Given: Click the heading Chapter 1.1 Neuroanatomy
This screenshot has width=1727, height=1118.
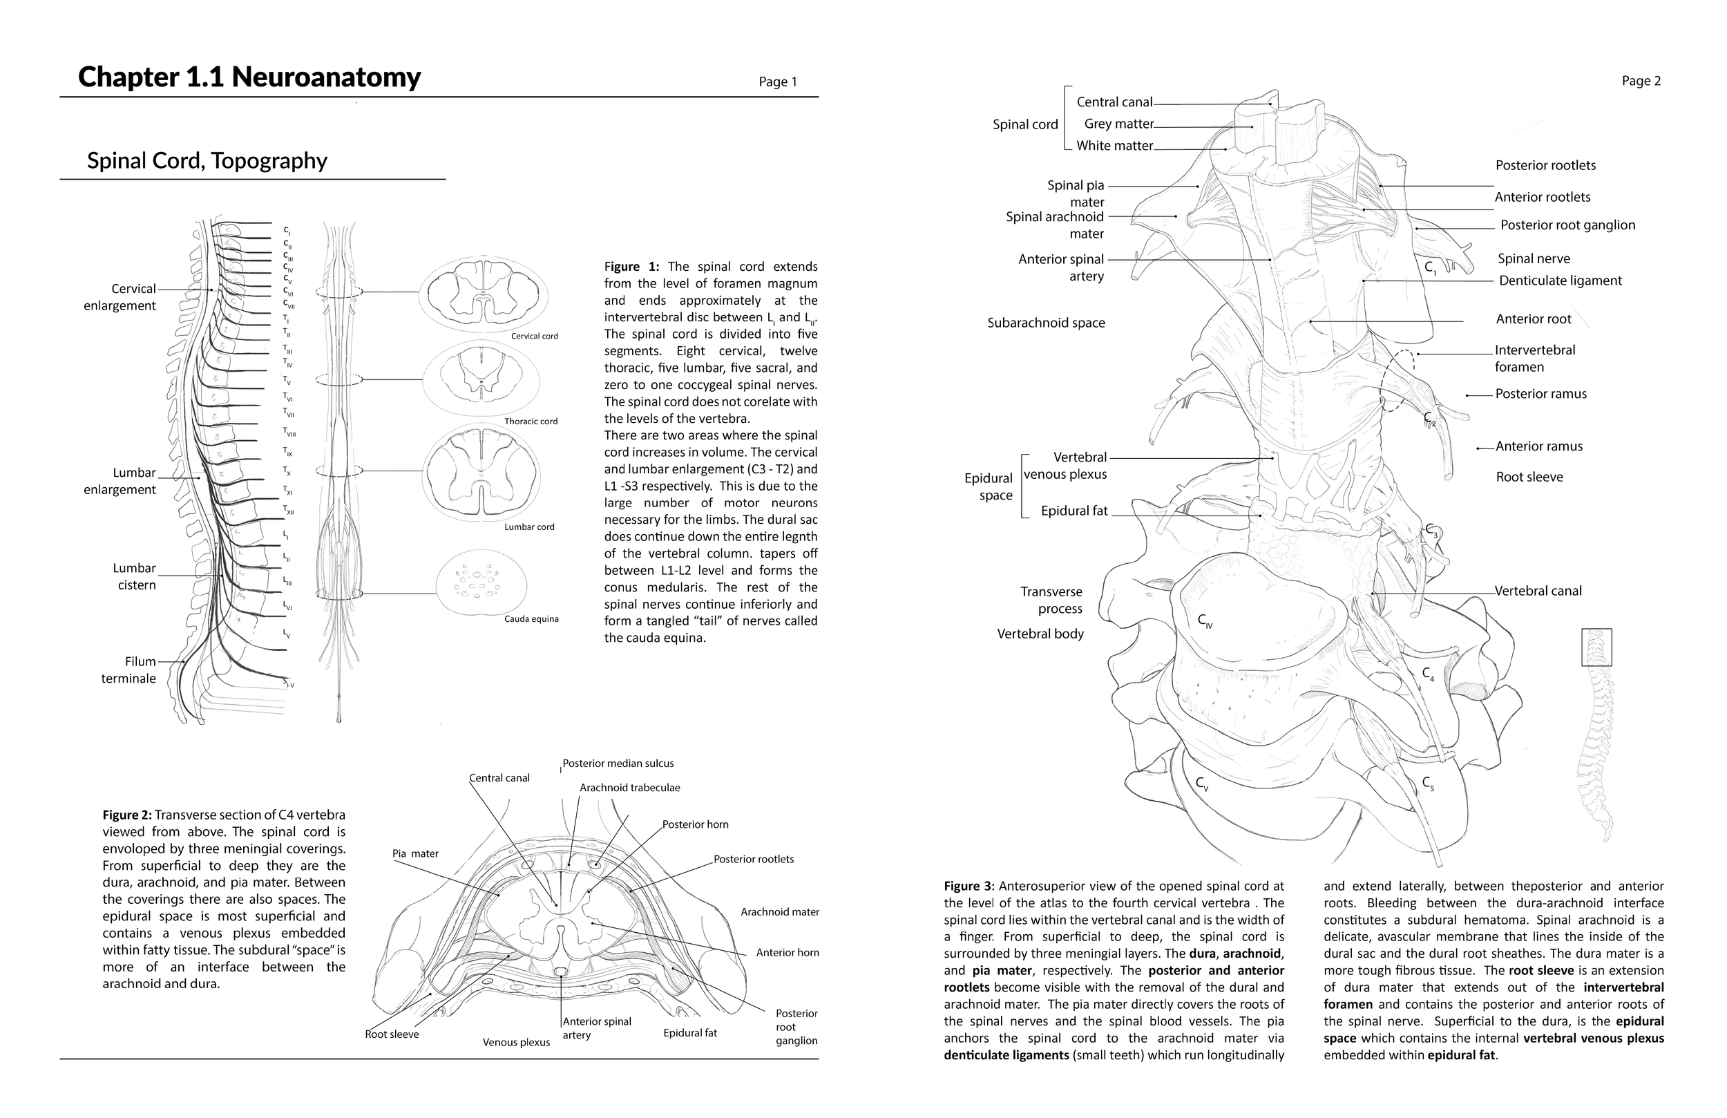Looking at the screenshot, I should tap(249, 77).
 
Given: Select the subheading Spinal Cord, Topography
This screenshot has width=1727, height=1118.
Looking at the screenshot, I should tap(207, 160).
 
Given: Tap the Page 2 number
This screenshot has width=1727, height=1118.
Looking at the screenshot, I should tap(1641, 82).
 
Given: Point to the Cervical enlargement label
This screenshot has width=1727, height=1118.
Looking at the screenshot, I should tap(120, 297).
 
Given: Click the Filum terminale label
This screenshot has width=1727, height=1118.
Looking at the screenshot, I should tap(128, 670).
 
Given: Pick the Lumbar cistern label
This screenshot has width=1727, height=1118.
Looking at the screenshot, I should tap(134, 576).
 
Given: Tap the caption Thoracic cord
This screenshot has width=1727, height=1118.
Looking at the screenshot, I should tap(531, 421).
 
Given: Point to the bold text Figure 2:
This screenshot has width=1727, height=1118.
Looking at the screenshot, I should tap(127, 815).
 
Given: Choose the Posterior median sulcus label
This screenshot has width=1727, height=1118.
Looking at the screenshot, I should tap(618, 763).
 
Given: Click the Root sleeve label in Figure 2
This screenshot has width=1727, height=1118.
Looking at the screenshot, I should tap(392, 1034).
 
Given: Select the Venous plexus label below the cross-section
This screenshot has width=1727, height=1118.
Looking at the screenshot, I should tap(516, 1043).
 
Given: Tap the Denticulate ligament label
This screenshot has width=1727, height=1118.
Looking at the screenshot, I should tap(1560, 281).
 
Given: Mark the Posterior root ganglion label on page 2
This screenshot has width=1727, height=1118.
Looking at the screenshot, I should tap(1567, 225).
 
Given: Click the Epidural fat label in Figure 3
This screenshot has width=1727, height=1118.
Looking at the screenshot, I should tap(1074, 511).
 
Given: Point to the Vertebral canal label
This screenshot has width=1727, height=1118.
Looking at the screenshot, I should tap(1538, 591).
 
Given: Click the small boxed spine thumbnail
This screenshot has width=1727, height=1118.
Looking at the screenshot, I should tap(1596, 647).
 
